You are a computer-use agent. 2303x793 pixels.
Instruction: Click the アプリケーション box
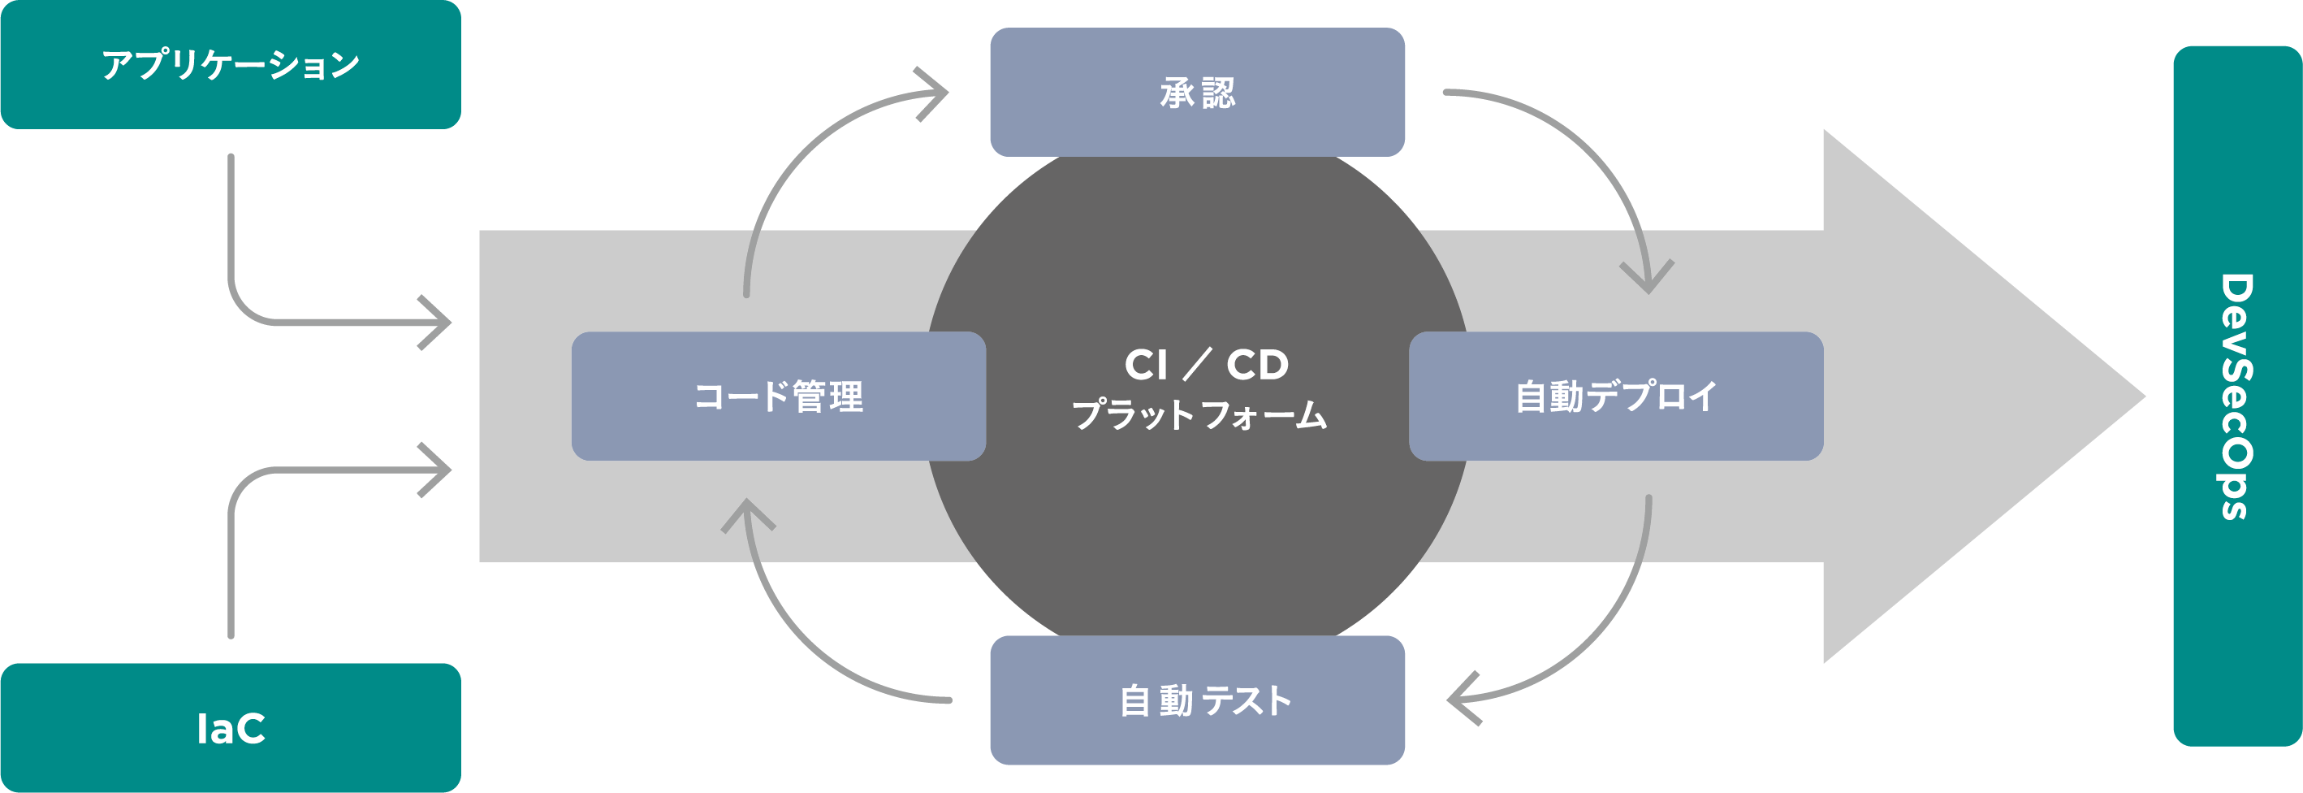(x=230, y=64)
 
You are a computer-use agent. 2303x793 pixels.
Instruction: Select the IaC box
(x=230, y=728)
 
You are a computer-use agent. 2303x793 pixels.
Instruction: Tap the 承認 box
(x=1196, y=92)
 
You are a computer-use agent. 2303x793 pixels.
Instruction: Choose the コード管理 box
(x=778, y=396)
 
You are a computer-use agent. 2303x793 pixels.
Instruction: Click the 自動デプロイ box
(x=1615, y=396)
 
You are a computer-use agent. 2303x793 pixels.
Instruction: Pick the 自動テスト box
(x=1196, y=700)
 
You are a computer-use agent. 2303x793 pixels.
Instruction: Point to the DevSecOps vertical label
(x=2237, y=396)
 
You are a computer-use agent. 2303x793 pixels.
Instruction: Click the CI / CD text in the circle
(x=1206, y=365)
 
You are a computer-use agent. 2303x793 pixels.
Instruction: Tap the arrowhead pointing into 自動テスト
(x=1463, y=699)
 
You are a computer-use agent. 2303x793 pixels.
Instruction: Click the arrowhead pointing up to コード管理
(x=747, y=514)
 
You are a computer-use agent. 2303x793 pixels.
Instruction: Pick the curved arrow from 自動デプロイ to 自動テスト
(x=1601, y=626)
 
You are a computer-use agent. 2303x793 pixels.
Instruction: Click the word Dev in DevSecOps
(x=2237, y=313)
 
